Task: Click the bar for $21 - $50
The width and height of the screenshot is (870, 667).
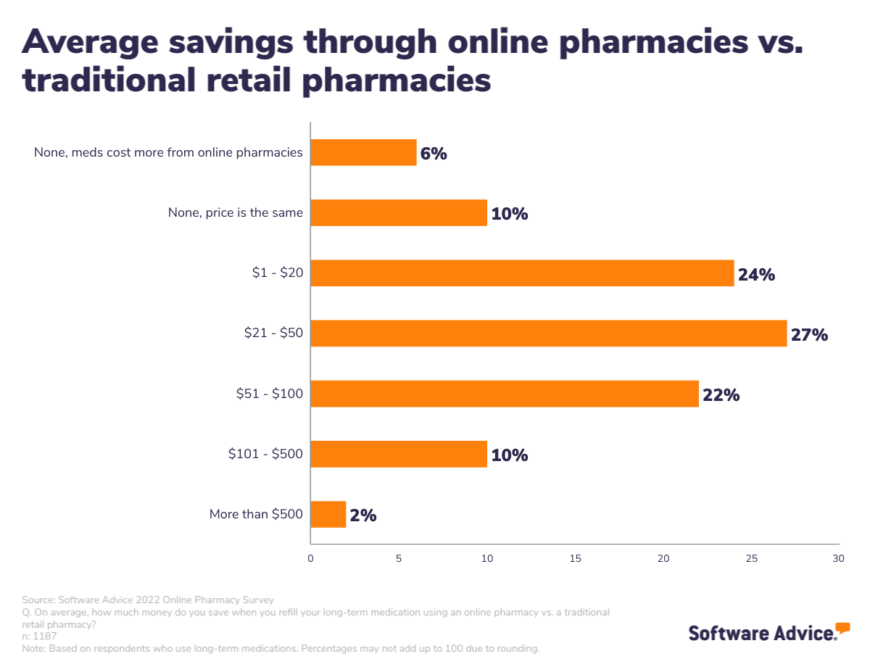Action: [x=548, y=333]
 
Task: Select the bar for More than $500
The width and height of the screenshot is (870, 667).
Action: [x=328, y=514]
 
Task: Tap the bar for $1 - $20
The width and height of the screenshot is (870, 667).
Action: [x=522, y=273]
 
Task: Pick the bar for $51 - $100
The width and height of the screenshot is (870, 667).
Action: [x=504, y=394]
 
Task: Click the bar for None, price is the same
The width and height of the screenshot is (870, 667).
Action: [x=399, y=213]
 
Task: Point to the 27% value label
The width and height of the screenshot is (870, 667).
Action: [x=809, y=335]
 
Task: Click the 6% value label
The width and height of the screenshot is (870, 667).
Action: [x=434, y=154]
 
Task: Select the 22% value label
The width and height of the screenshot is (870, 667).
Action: [x=721, y=395]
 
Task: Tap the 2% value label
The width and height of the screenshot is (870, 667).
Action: [x=363, y=515]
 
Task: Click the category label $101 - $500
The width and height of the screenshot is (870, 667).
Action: [x=265, y=455]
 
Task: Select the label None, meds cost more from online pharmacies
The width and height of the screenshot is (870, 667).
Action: [x=168, y=153]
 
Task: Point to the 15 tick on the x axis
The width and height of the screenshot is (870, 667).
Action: [x=576, y=559]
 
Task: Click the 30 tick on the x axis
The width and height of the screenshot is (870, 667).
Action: [x=838, y=559]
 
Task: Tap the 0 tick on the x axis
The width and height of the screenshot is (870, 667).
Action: [x=311, y=559]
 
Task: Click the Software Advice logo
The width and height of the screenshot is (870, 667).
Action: [x=768, y=631]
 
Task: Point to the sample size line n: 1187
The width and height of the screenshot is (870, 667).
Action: [x=40, y=636]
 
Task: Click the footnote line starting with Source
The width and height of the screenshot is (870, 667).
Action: [x=148, y=600]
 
